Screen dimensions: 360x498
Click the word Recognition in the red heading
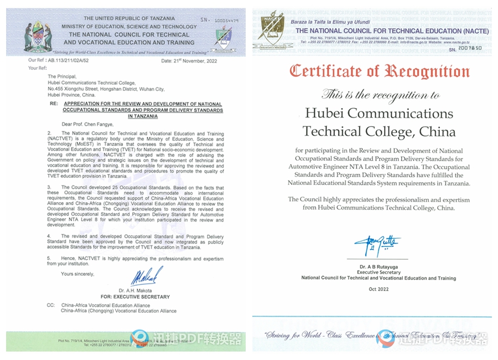coord(426,71)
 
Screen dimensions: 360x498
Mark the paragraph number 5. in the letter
coord(49,258)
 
